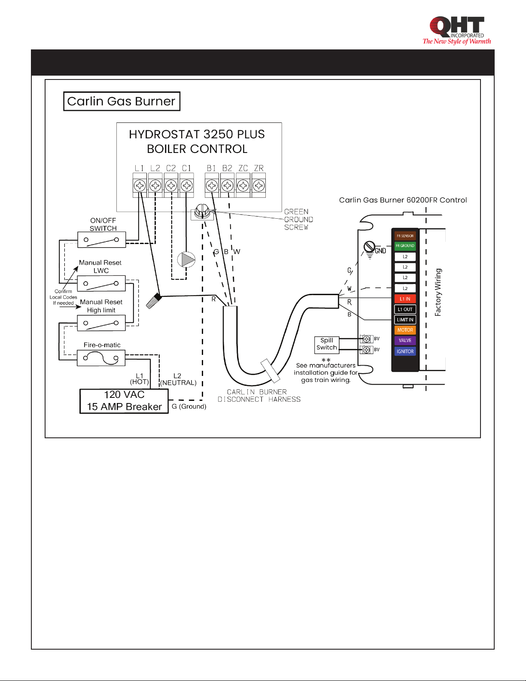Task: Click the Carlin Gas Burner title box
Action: point(122,101)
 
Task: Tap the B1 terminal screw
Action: point(212,186)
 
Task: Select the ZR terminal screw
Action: point(258,186)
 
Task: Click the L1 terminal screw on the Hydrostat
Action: point(140,186)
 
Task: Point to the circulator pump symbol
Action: point(186,260)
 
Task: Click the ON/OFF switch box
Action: point(102,240)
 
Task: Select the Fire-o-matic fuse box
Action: point(101,358)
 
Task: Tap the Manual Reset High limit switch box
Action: point(101,323)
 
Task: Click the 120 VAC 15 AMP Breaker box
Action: point(124,401)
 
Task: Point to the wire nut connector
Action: point(154,301)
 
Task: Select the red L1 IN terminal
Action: point(405,299)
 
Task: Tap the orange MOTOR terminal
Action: point(405,330)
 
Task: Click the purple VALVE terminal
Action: point(405,340)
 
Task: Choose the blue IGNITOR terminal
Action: point(405,351)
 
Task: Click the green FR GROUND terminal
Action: point(405,246)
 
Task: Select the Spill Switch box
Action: point(327,345)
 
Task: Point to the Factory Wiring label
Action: point(438,292)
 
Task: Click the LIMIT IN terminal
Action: point(405,320)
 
